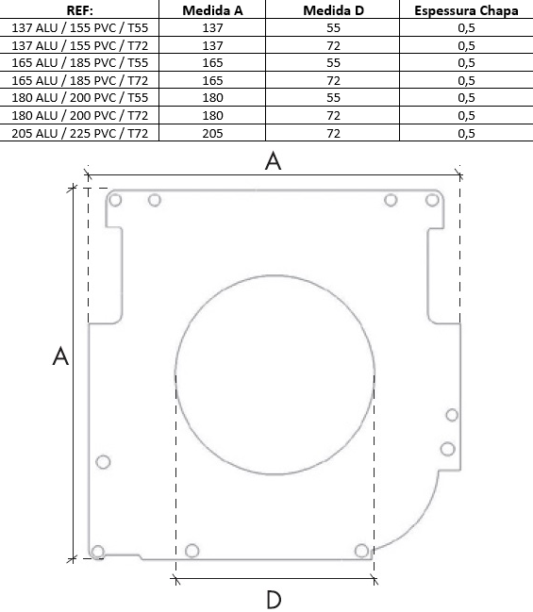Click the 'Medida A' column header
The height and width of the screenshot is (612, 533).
pyautogui.click(x=212, y=10)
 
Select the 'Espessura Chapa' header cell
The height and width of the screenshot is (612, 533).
pyautogui.click(x=466, y=10)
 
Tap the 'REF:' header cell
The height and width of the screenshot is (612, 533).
pyautogui.click(x=79, y=10)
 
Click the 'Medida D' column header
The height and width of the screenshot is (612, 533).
pyautogui.click(x=333, y=10)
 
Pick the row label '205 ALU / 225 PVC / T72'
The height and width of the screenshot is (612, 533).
pyautogui.click(x=79, y=134)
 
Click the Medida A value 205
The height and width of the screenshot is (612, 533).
pyautogui.click(x=212, y=134)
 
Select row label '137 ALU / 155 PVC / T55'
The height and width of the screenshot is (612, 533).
pyautogui.click(x=79, y=28)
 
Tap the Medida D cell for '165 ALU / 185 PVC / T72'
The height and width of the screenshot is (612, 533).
pyautogui.click(x=333, y=80)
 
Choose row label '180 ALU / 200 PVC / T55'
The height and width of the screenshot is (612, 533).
pyautogui.click(x=79, y=97)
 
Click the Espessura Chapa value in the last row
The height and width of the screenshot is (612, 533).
pyautogui.click(x=466, y=134)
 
